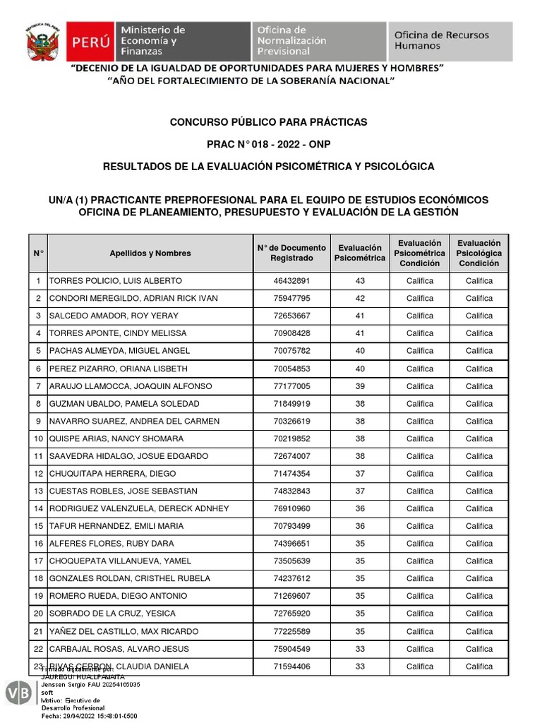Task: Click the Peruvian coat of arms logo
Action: pos(42,42)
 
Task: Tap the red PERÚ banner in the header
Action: pos(90,41)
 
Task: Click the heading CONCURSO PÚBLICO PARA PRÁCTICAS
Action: pos(268,122)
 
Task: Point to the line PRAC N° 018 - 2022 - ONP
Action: pos(268,144)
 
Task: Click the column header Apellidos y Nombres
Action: pos(150,253)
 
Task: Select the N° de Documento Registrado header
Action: pos(291,253)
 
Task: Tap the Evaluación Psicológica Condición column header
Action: pos(478,253)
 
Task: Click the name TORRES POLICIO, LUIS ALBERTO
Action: pos(115,281)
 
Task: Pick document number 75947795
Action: pos(291,299)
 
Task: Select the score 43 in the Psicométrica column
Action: pos(360,281)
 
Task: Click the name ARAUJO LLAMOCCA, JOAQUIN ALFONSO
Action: pos(131,386)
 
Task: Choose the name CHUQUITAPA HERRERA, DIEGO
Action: pos(112,474)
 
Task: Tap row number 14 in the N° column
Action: pos(38,509)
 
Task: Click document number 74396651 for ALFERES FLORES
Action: pos(291,544)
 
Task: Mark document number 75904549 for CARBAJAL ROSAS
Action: pos(291,649)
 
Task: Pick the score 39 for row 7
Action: pos(360,386)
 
